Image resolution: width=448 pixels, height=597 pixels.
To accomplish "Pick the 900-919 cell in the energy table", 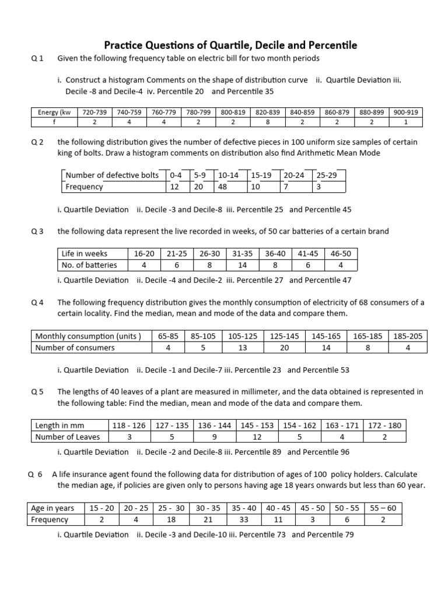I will (x=406, y=113).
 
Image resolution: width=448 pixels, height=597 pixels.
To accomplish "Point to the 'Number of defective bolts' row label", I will (x=112, y=175).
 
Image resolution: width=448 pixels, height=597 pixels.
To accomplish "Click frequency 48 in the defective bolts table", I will (x=222, y=187).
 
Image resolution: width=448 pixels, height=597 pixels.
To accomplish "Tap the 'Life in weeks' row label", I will (x=84, y=254).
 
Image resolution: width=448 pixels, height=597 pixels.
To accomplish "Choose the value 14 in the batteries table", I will (x=242, y=265).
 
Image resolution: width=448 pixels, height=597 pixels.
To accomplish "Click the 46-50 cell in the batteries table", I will (x=341, y=254).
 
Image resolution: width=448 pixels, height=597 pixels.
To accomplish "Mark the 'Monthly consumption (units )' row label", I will (x=88, y=336).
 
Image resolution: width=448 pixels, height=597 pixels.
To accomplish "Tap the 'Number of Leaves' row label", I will (x=67, y=437).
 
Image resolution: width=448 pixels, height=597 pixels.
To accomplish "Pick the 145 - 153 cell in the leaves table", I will (x=257, y=425).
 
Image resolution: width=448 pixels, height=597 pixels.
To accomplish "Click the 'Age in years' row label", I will (x=52, y=508).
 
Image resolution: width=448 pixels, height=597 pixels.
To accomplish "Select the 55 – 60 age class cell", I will (x=383, y=508).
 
